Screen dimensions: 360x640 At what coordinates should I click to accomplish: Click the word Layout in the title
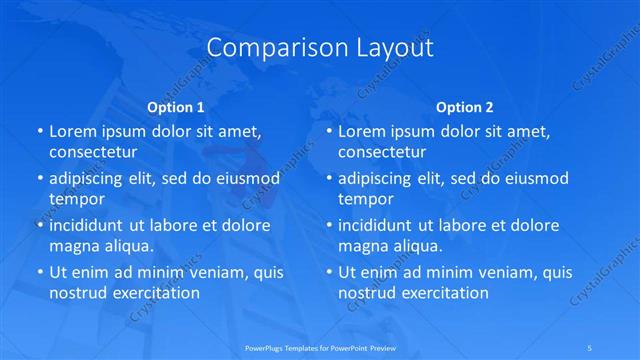pyautogui.click(x=389, y=48)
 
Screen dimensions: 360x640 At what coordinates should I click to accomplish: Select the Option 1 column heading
pyautogui.click(x=176, y=106)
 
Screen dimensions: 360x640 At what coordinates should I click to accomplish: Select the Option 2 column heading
pyautogui.click(x=465, y=106)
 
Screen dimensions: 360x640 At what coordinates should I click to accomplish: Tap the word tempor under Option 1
pyautogui.click(x=70, y=199)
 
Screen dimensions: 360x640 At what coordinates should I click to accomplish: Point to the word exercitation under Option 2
pyautogui.click(x=440, y=293)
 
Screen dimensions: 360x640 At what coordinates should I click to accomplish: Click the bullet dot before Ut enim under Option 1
pyautogui.click(x=40, y=272)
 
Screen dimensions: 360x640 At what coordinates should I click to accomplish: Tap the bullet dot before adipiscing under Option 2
pyautogui.click(x=329, y=178)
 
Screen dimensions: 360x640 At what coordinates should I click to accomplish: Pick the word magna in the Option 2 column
pyautogui.click(x=362, y=246)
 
